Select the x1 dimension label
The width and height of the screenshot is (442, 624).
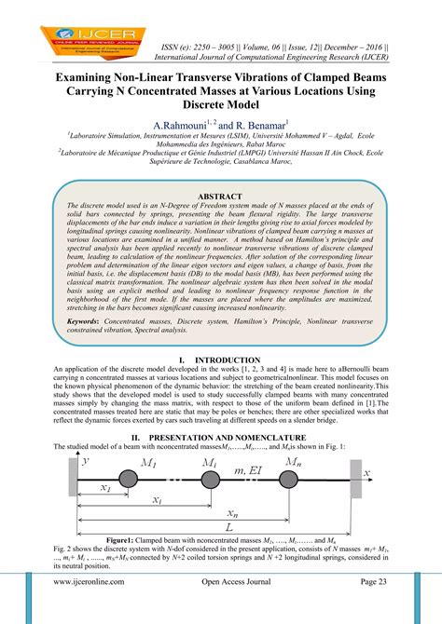pyautogui.click(x=104, y=488)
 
